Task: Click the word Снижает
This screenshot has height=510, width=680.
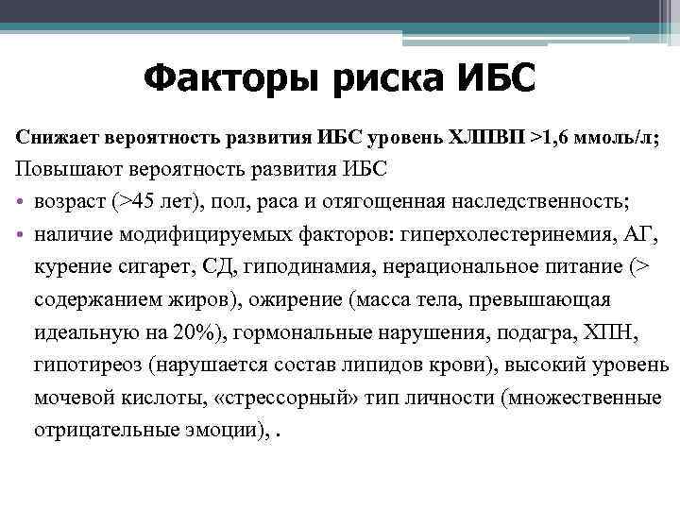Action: pos(56,138)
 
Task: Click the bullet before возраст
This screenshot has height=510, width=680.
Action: pos(21,202)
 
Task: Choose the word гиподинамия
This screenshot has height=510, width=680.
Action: pos(301,267)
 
